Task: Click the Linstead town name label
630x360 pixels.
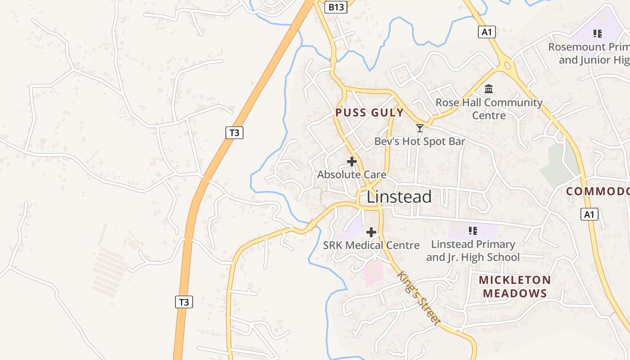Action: click(399, 197)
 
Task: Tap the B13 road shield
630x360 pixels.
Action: click(336, 7)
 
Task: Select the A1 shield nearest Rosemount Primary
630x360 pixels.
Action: click(486, 31)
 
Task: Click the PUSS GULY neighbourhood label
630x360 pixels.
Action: click(369, 112)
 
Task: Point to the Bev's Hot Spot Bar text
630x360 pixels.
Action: click(419, 141)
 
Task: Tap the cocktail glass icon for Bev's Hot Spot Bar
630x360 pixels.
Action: click(419, 128)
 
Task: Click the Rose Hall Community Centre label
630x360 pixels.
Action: click(489, 108)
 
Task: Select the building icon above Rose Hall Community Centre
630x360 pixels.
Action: click(489, 89)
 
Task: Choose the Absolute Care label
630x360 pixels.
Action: click(351, 174)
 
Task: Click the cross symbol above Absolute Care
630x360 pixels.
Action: click(352, 161)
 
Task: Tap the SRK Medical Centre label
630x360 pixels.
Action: click(371, 245)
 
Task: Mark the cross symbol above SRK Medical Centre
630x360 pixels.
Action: click(371, 232)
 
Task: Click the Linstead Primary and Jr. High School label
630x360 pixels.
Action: click(472, 251)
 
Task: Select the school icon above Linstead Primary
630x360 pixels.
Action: click(472, 231)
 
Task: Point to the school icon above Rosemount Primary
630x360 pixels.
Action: click(598, 33)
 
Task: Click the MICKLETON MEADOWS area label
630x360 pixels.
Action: click(515, 287)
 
